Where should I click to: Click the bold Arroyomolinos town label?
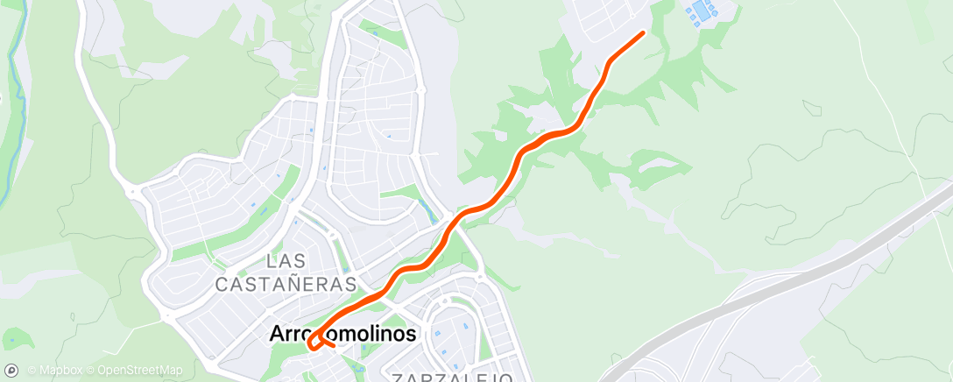point(342,334)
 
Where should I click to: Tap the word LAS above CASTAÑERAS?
point(286,261)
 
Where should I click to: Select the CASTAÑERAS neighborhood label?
point(286,284)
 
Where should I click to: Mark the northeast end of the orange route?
point(643,33)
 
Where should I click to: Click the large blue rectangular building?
point(701,11)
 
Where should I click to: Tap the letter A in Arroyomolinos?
point(277,334)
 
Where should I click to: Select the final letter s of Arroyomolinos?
point(411,335)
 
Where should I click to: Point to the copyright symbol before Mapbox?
point(32,370)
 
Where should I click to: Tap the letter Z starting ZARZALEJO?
point(399,378)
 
